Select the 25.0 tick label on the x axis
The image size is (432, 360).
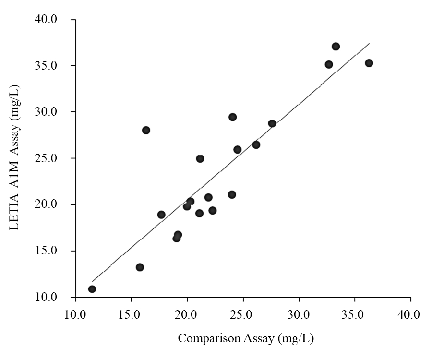tap(243, 315)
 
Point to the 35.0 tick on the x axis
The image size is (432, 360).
tap(355, 315)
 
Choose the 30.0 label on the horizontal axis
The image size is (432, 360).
tap(299, 315)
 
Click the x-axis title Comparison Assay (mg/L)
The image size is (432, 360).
tap(246, 339)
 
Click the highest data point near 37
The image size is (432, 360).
tap(336, 47)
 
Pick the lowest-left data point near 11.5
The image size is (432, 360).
tap(92, 289)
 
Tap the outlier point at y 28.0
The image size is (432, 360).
tap(146, 130)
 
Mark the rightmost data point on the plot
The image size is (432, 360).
tap(369, 63)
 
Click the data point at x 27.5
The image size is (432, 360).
tap(272, 123)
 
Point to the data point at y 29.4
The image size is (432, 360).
tap(232, 117)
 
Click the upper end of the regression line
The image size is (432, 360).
tap(369, 43)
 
